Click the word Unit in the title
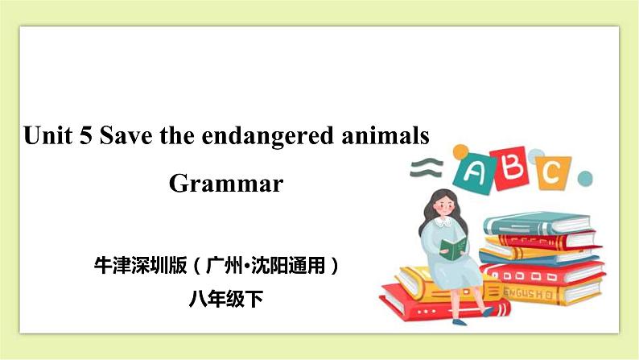point(47,135)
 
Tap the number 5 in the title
point(85,135)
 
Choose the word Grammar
point(226,184)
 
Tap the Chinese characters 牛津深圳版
point(139,265)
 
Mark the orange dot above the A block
point(460,151)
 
